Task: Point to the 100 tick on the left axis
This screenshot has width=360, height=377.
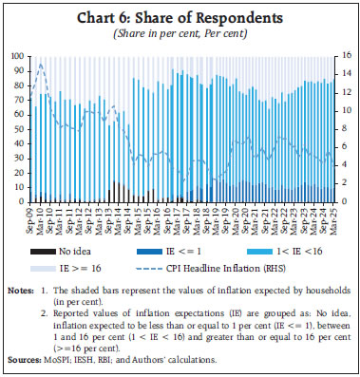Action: pyautogui.click(x=18, y=57)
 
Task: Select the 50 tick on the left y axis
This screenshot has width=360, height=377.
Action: pyautogui.click(x=20, y=129)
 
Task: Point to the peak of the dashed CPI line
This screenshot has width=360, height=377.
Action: pyautogui.click(x=40, y=64)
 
